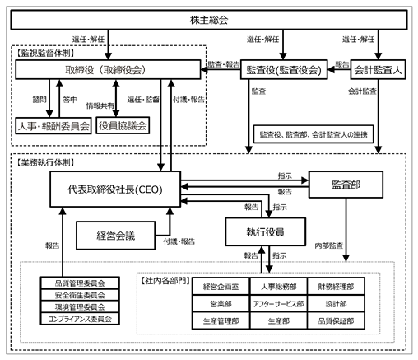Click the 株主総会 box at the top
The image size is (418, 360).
(209, 20)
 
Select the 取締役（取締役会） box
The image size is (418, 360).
(108, 70)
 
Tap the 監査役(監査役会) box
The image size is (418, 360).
(284, 70)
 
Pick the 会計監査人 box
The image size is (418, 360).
(378, 70)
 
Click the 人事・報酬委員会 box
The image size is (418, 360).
(53, 126)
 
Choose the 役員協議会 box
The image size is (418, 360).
(123, 125)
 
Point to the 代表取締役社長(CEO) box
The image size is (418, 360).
(115, 189)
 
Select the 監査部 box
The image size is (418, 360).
(346, 185)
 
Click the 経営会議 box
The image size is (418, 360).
(116, 236)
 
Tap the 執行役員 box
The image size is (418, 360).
(265, 232)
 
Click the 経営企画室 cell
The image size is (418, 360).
(221, 287)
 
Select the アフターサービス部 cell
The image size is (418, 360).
(278, 304)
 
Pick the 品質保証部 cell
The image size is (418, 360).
(336, 320)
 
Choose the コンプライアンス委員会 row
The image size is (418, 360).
(80, 319)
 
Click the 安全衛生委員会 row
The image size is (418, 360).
(80, 295)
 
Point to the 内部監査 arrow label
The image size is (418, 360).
(329, 245)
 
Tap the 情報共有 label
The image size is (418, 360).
(100, 105)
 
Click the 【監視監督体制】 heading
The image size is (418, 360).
(45, 53)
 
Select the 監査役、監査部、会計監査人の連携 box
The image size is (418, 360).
(313, 134)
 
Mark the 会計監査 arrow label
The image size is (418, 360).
(362, 91)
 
